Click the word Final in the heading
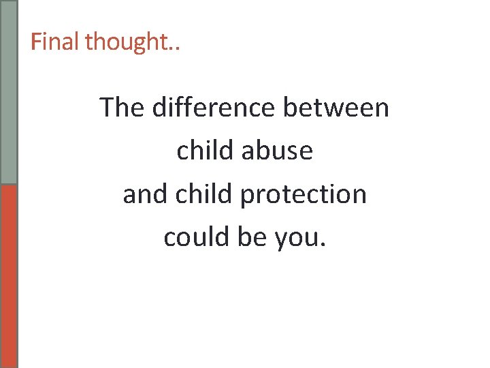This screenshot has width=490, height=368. click(x=55, y=42)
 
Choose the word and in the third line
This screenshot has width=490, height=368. click(x=146, y=194)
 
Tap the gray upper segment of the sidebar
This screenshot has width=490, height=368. click(x=9, y=92)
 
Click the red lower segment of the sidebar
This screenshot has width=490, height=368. click(x=9, y=276)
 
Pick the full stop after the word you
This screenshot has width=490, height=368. click(x=323, y=245)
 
